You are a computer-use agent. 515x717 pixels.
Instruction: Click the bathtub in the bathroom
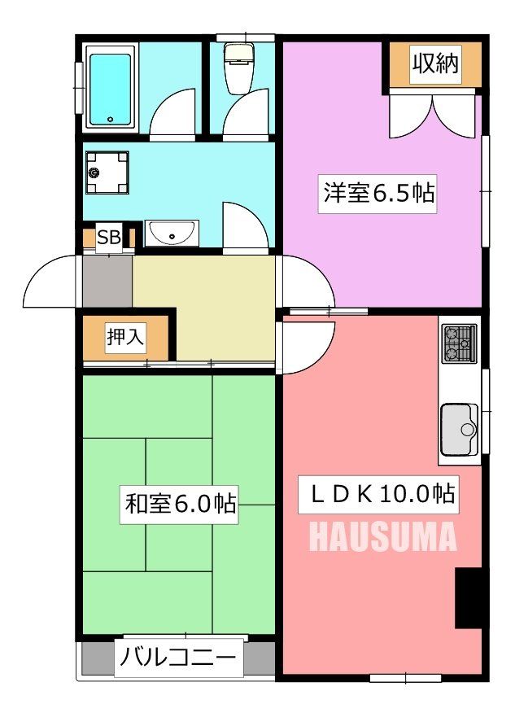tap(110, 89)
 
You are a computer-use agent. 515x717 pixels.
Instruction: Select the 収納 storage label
tap(434, 64)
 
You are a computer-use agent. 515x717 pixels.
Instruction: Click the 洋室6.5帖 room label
tap(378, 194)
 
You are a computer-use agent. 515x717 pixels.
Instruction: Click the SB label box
tap(108, 238)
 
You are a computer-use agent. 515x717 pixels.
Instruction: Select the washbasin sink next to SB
tap(172, 233)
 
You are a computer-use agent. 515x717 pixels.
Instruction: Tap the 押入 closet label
tap(125, 337)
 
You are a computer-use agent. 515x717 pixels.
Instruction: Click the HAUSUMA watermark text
tap(382, 537)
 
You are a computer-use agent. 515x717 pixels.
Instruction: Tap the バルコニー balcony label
tap(179, 655)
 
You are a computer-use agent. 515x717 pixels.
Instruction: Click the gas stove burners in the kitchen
tap(459, 344)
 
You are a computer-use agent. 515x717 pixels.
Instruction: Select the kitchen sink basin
tap(460, 429)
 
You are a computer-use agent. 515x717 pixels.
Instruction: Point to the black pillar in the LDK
tap(468, 598)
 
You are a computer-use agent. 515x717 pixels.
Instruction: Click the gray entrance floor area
tap(107, 282)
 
